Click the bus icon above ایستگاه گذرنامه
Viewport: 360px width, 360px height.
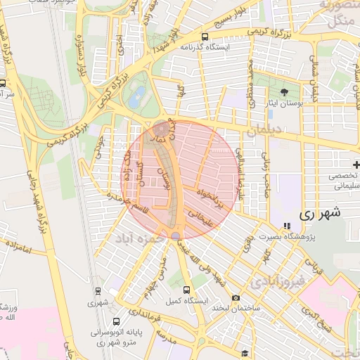click(x=205, y=37)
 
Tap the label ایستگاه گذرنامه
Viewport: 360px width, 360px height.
click(x=205, y=48)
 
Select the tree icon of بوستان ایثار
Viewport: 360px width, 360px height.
click(x=285, y=92)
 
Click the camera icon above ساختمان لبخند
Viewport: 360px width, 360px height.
click(x=236, y=298)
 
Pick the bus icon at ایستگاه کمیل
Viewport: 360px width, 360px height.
click(x=186, y=289)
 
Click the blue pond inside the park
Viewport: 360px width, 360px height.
click(x=138, y=94)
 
